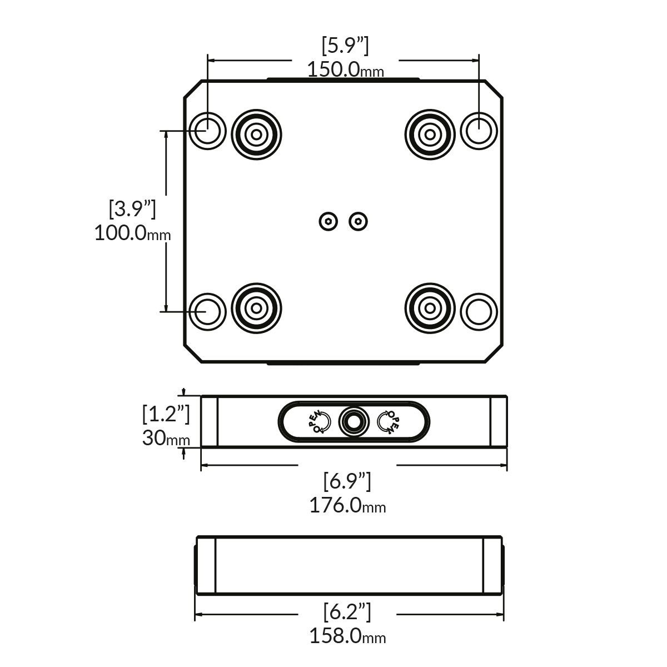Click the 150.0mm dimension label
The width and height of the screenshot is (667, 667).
(346, 69)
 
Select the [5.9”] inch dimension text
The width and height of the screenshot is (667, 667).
(345, 46)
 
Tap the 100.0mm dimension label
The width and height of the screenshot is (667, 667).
(132, 232)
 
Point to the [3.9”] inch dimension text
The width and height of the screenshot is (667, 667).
(132, 209)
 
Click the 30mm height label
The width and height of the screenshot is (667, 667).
(166, 438)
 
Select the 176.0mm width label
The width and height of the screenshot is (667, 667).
(347, 505)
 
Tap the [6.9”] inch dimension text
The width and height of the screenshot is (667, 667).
(347, 481)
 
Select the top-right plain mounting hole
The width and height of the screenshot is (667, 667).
(479, 131)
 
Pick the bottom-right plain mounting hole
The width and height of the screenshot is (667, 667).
(479, 311)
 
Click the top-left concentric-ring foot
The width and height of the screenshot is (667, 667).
(256, 134)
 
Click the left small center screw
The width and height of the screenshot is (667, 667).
(329, 222)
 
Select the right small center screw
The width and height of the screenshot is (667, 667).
(359, 222)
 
